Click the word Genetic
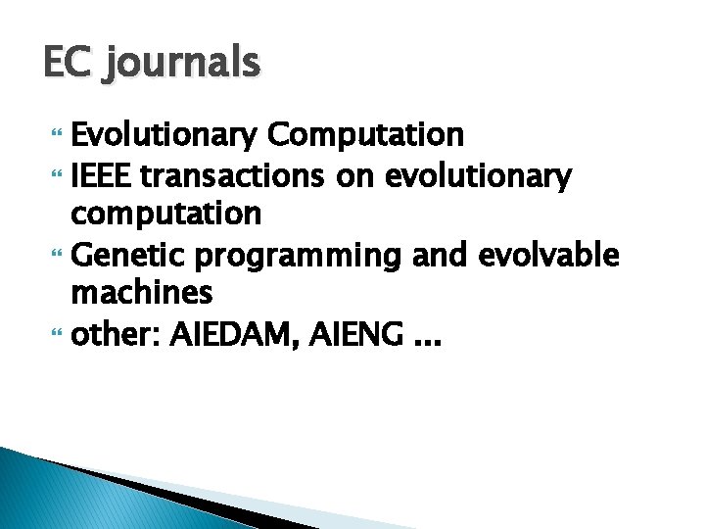coord(130,255)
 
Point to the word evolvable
coord(548,255)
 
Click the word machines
coord(142,293)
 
